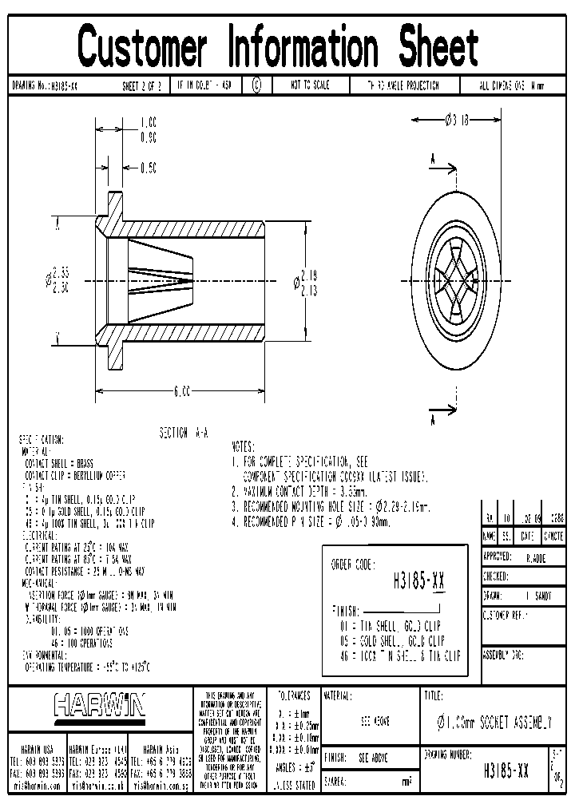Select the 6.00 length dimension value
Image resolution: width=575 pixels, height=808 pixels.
coord(181,391)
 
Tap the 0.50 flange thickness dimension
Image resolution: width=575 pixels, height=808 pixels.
coord(149,168)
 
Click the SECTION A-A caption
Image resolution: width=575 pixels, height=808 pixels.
coord(184,432)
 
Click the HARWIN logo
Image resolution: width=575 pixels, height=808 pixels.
coord(100,705)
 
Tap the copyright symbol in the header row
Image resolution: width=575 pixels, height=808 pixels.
coord(256,85)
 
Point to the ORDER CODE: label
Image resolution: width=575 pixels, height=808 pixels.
coord(352,564)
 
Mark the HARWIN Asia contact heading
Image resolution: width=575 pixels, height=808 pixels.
coord(164,749)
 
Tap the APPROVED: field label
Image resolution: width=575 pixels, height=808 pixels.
coord(502,557)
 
